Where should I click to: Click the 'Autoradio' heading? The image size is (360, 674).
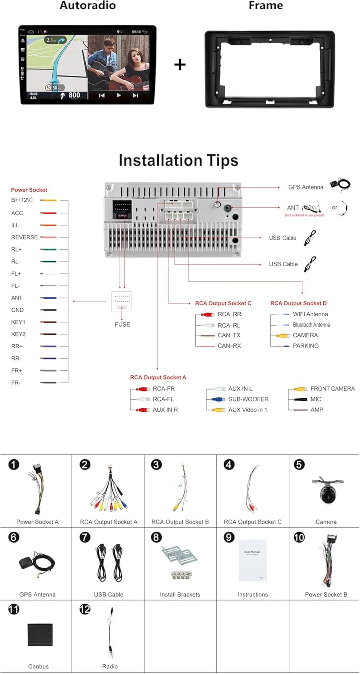click(87, 6)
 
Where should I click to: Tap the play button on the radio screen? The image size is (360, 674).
click(119, 95)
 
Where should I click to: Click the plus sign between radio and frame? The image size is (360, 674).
click(180, 65)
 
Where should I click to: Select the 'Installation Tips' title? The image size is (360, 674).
click(178, 161)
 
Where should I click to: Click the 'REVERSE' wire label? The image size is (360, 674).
click(24, 237)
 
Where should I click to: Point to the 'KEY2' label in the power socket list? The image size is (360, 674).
click(18, 334)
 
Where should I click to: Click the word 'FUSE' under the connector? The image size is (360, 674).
click(122, 324)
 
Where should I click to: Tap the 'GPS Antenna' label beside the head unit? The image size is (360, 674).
click(306, 187)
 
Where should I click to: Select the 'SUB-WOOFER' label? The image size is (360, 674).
click(248, 399)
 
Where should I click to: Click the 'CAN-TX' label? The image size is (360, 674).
click(229, 335)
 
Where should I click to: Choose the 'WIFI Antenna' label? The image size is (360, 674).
click(310, 314)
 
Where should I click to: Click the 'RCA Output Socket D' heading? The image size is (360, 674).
click(298, 303)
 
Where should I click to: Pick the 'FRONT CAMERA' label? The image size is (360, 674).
click(332, 389)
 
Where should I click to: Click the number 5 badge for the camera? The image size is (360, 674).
click(299, 465)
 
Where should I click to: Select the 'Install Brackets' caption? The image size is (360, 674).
click(180, 595)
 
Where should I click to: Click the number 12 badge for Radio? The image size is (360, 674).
click(85, 609)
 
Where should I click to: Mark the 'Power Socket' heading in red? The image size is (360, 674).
click(29, 190)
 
